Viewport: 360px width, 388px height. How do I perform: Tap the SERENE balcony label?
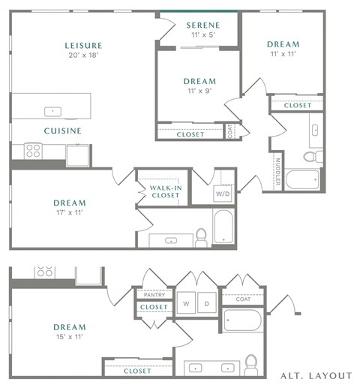[202, 25]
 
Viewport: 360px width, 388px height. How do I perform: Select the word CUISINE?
[62, 131]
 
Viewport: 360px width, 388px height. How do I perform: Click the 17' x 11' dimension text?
[70, 212]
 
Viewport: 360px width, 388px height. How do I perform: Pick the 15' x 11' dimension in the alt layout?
[70, 337]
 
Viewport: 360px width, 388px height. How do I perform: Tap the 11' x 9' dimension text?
[199, 92]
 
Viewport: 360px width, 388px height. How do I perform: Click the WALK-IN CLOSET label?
[165, 191]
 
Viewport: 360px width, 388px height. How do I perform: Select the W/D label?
[223, 194]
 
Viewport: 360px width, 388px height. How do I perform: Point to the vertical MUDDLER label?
[277, 172]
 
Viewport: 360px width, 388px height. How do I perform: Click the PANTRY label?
[154, 295]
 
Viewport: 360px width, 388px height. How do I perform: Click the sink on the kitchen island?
[52, 111]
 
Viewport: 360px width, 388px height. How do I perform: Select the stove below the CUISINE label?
[34, 151]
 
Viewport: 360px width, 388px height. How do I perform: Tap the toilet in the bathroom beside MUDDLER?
[313, 156]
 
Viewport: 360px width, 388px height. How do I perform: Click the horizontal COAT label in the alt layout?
[242, 299]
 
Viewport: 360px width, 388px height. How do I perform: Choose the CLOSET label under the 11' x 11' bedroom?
[297, 106]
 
